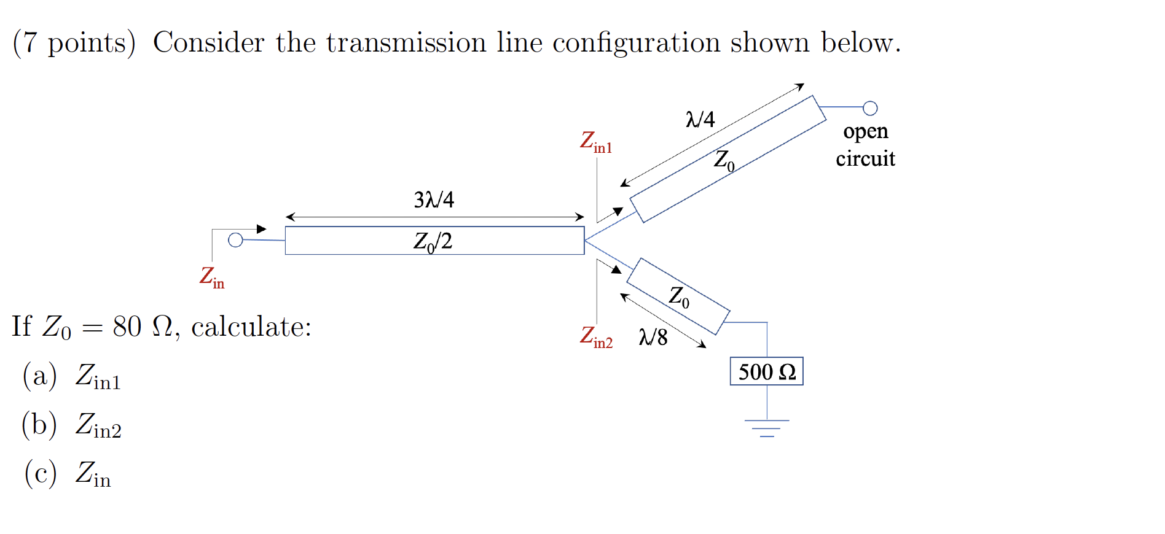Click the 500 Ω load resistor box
coord(766,371)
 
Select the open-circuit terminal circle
coord(869,109)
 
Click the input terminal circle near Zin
coord(235,240)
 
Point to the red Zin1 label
coord(595,142)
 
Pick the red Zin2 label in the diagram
coord(595,337)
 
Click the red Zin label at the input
coord(212,277)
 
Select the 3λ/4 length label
coord(434,200)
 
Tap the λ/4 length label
coord(700,119)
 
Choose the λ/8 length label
coord(653,337)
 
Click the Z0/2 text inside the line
coord(433,241)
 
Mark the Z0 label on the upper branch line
coord(724,160)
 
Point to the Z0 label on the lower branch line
coord(679,296)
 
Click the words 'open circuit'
coord(865,145)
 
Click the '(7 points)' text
coord(74,43)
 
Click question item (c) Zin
coord(68,474)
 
